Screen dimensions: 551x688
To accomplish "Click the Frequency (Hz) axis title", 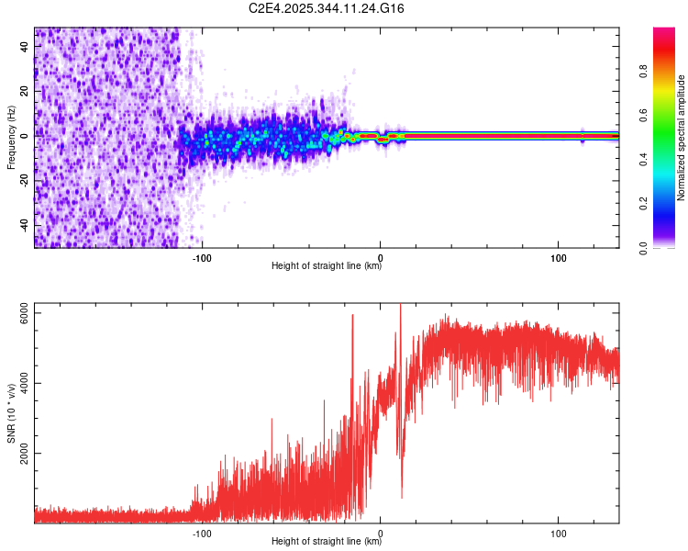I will pyautogui.click(x=11, y=138).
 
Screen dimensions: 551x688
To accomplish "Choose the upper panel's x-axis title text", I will pyautogui.click(x=327, y=267).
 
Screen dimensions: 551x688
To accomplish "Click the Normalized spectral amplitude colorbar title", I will pyautogui.click(x=682, y=138).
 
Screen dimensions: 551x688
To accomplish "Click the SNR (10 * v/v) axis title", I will pyautogui.click(x=11, y=413).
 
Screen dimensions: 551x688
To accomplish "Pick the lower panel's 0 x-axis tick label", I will pyautogui.click(x=381, y=532).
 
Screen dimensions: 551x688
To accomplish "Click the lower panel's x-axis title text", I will pyautogui.click(x=327, y=542).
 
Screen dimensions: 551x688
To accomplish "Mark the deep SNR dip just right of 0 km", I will pyautogui.click(x=401, y=496).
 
